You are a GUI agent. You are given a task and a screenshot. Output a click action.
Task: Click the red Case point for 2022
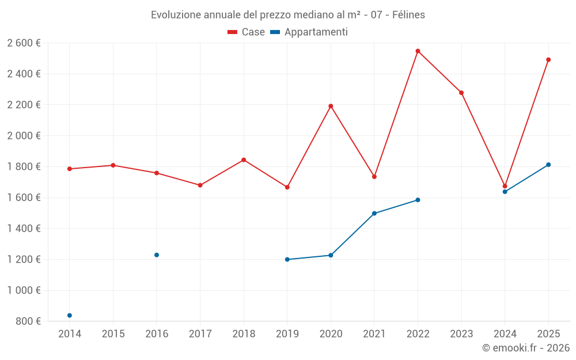(x=418, y=51)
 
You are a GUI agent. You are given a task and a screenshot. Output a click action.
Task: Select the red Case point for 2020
(x=331, y=106)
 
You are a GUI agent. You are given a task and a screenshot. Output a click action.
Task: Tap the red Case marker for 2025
(x=548, y=60)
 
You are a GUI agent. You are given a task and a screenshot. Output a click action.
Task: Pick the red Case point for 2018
(x=244, y=160)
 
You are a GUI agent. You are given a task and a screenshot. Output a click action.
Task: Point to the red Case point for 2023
(x=461, y=93)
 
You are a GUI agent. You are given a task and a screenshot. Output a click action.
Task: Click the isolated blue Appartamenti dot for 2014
(x=70, y=316)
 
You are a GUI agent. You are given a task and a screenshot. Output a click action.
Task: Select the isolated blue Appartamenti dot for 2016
(x=157, y=255)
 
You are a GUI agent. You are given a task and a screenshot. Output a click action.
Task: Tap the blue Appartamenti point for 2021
(x=374, y=214)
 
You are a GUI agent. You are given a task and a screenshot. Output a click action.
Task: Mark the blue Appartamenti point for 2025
(x=548, y=165)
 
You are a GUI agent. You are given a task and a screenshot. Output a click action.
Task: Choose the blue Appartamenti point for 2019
(x=287, y=260)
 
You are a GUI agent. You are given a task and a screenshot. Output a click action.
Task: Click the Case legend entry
(x=247, y=32)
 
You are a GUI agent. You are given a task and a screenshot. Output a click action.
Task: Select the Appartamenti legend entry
(x=309, y=32)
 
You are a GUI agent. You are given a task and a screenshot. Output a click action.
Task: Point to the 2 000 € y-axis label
(x=24, y=136)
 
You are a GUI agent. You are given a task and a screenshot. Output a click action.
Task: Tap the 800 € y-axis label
(x=28, y=321)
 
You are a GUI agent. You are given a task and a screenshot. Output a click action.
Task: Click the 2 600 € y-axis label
(x=24, y=43)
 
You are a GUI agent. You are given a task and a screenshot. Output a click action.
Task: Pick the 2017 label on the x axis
(x=200, y=334)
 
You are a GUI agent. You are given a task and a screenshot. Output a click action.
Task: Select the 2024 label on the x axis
(x=505, y=334)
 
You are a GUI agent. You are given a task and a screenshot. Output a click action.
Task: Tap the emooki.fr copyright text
(x=525, y=348)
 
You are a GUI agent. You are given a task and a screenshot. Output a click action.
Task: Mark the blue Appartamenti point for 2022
(x=418, y=200)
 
